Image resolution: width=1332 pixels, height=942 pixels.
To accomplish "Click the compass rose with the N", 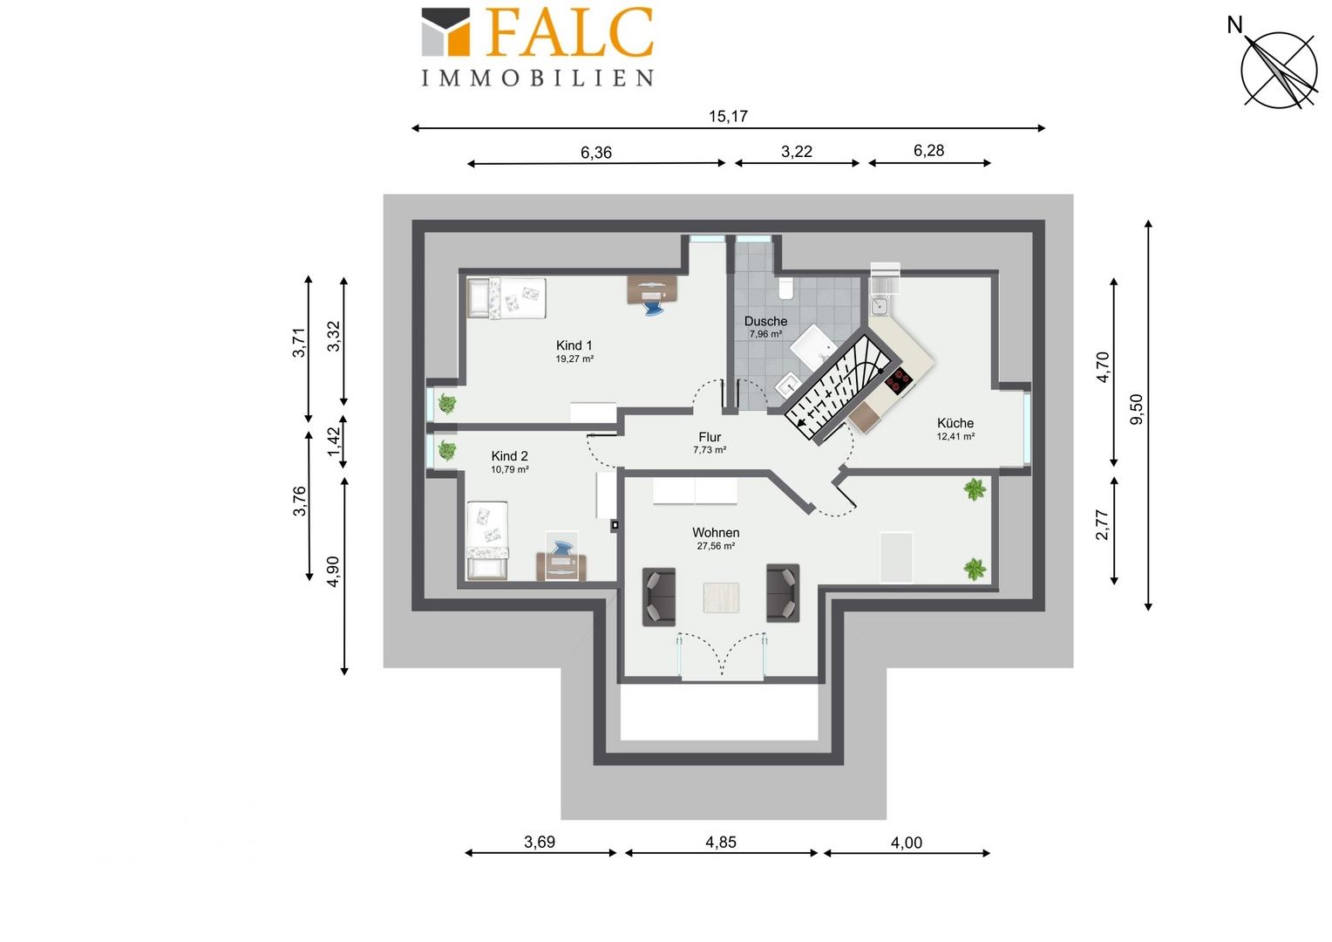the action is click(x=1279, y=71).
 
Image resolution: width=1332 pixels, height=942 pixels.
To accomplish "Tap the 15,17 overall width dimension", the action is click(x=728, y=116).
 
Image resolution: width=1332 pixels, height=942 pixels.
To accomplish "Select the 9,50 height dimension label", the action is click(x=1136, y=410).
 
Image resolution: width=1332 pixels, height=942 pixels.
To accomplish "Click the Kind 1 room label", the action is click(x=574, y=345).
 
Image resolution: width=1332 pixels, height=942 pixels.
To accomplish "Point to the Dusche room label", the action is click(x=765, y=321).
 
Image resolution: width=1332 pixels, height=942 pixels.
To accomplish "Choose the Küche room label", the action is click(x=955, y=423).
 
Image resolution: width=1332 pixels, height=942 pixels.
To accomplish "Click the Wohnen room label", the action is click(x=716, y=533).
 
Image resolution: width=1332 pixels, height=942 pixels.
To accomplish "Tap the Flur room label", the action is click(x=710, y=437).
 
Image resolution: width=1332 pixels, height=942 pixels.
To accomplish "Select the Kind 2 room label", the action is click(x=509, y=456).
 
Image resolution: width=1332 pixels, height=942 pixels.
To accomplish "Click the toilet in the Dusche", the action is click(x=785, y=288).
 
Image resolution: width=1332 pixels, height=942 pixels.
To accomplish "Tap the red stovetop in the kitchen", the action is click(x=898, y=381).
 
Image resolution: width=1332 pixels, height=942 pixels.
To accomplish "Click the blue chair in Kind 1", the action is click(x=652, y=305).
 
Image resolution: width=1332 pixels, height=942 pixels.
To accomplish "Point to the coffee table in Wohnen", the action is click(x=721, y=597).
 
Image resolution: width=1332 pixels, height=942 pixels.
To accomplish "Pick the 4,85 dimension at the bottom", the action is click(x=721, y=842).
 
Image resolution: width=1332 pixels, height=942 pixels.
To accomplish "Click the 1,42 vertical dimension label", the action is click(x=334, y=441).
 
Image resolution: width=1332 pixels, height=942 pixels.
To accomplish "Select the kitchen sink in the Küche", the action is click(x=880, y=306).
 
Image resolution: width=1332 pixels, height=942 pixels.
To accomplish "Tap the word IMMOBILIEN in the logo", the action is click(x=538, y=78).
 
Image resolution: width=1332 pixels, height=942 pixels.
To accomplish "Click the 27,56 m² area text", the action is click(x=716, y=546).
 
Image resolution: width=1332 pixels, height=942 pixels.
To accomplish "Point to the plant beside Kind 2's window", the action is click(x=446, y=450).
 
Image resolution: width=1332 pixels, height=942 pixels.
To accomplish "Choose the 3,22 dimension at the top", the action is click(x=796, y=152).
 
